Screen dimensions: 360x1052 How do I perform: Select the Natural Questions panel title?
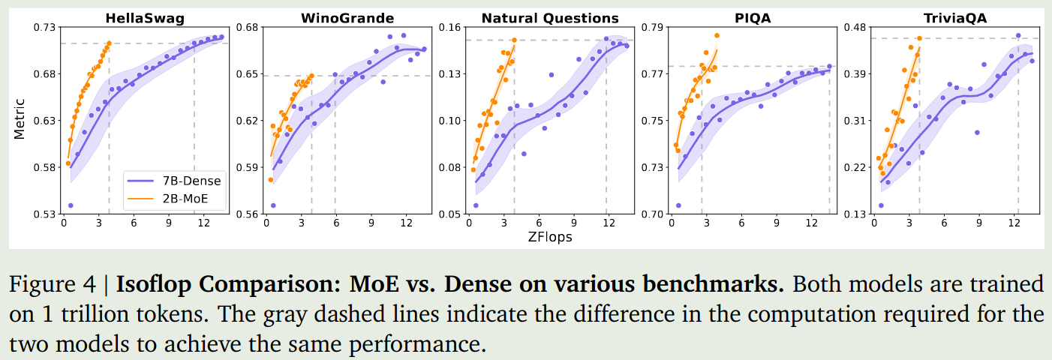(550, 17)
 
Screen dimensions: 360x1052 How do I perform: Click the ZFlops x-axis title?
(551, 237)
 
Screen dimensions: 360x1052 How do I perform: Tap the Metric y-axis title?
(20, 118)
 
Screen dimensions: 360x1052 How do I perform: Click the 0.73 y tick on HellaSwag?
(46, 28)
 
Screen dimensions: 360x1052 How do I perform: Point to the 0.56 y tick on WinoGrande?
(247, 214)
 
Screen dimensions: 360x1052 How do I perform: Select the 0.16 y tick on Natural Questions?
(450, 28)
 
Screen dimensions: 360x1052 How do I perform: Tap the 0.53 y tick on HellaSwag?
(46, 214)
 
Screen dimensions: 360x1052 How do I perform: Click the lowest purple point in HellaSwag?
(71, 205)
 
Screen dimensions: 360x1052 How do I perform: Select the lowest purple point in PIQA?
(678, 205)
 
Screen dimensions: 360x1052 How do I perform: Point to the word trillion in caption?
(87, 315)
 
